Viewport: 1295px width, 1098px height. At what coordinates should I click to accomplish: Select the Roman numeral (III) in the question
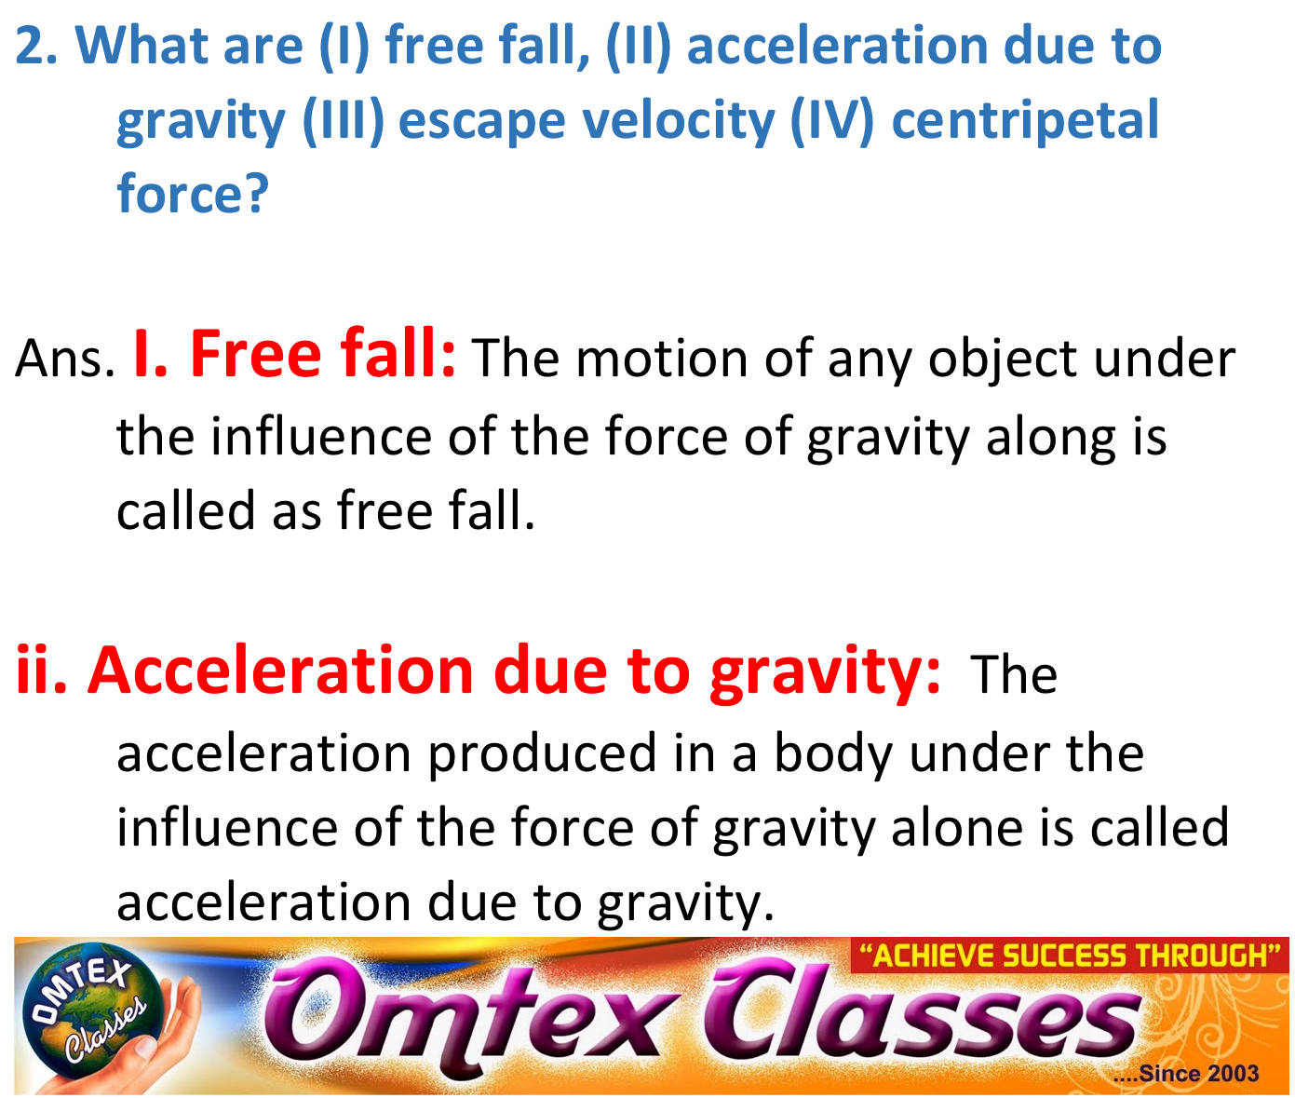pos(343,120)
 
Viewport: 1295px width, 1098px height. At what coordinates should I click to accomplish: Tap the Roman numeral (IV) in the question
pos(831,120)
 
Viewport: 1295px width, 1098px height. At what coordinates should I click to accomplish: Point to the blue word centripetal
pos(1025,122)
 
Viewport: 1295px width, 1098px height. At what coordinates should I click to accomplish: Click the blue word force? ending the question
pos(192,193)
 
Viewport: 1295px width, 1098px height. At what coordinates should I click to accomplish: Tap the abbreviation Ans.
pos(63,359)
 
